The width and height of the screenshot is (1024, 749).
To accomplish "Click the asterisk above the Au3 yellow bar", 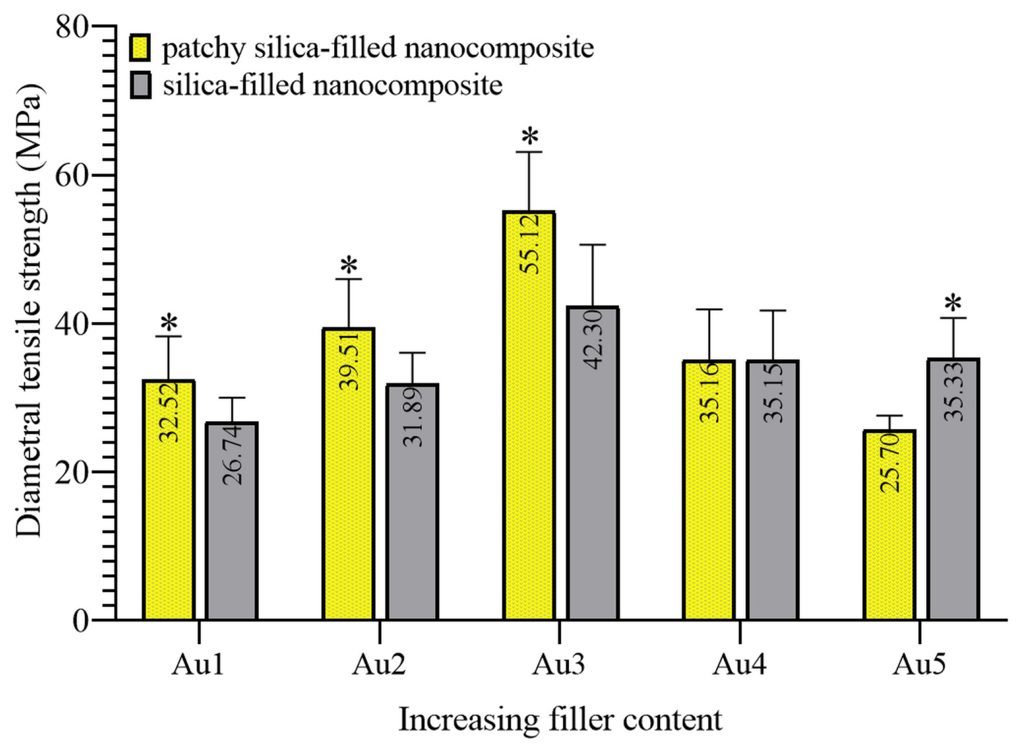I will pos(530,137).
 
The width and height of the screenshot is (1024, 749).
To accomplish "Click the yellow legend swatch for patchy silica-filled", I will pos(140,48).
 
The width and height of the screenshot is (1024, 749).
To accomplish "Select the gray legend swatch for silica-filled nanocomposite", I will pos(141,85).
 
